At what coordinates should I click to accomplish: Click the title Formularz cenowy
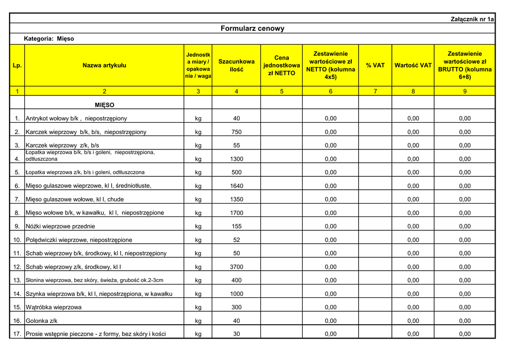[x=253, y=28]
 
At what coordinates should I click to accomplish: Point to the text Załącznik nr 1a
[x=472, y=19]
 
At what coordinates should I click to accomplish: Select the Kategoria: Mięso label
[x=49, y=39]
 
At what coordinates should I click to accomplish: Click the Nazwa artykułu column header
[x=104, y=65]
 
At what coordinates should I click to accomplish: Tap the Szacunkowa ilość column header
[x=237, y=65]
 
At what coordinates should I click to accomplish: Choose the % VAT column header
[x=375, y=65]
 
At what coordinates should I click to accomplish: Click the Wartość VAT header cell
[x=413, y=65]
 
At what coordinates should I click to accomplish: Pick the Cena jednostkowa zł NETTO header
[x=281, y=65]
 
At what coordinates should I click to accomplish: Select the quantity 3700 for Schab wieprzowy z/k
[x=237, y=267]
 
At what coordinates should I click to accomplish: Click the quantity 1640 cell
[x=237, y=186]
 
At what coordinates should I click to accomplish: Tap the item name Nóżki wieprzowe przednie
[x=61, y=226]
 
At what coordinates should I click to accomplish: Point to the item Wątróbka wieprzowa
[x=54, y=307]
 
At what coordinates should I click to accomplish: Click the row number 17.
[x=17, y=334]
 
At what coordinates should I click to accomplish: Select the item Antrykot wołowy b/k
[x=76, y=119]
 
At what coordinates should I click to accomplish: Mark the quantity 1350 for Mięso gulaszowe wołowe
[x=237, y=200]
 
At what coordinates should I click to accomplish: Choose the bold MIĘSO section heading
[x=104, y=105]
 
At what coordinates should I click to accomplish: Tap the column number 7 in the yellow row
[x=375, y=91]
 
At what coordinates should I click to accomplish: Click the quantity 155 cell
[x=237, y=226]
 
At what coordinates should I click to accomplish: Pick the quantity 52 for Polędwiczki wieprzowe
[x=237, y=240]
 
